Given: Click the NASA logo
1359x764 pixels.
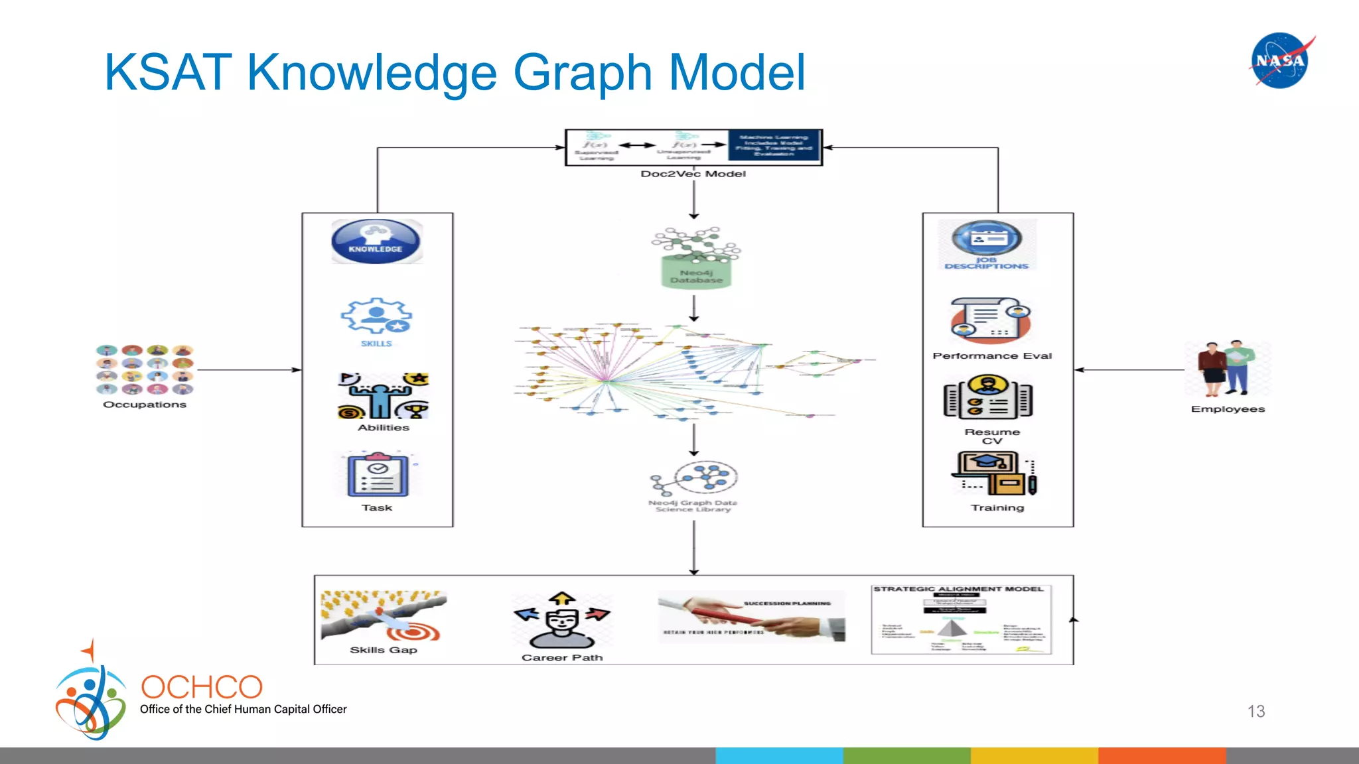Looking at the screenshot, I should tap(1280, 60).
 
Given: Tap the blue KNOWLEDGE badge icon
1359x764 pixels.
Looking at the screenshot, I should tap(376, 241).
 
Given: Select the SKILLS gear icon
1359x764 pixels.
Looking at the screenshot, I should tap(376, 317).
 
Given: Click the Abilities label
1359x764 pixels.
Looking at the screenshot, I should tap(384, 428).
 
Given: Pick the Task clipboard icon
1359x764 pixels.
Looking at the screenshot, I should tap(378, 475).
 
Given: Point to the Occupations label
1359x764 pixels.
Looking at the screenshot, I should tap(145, 405).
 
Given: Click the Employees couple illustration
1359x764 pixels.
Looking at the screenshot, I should tap(1226, 369).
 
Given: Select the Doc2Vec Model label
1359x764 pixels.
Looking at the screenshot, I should tap(693, 174).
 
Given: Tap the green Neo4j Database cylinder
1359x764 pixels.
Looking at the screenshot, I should tap(696, 272).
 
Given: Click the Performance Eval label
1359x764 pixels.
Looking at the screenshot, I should tap(992, 356).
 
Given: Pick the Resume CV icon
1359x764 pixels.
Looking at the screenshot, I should tap(988, 397).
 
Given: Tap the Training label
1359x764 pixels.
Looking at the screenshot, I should tap(997, 508).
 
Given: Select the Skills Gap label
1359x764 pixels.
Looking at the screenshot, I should tap(384, 650).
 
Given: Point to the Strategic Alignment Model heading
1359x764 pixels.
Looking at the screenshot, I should tap(958, 589).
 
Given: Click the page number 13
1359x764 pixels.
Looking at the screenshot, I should tap(1255, 712).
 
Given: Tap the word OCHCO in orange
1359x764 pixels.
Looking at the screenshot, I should tap(202, 687).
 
